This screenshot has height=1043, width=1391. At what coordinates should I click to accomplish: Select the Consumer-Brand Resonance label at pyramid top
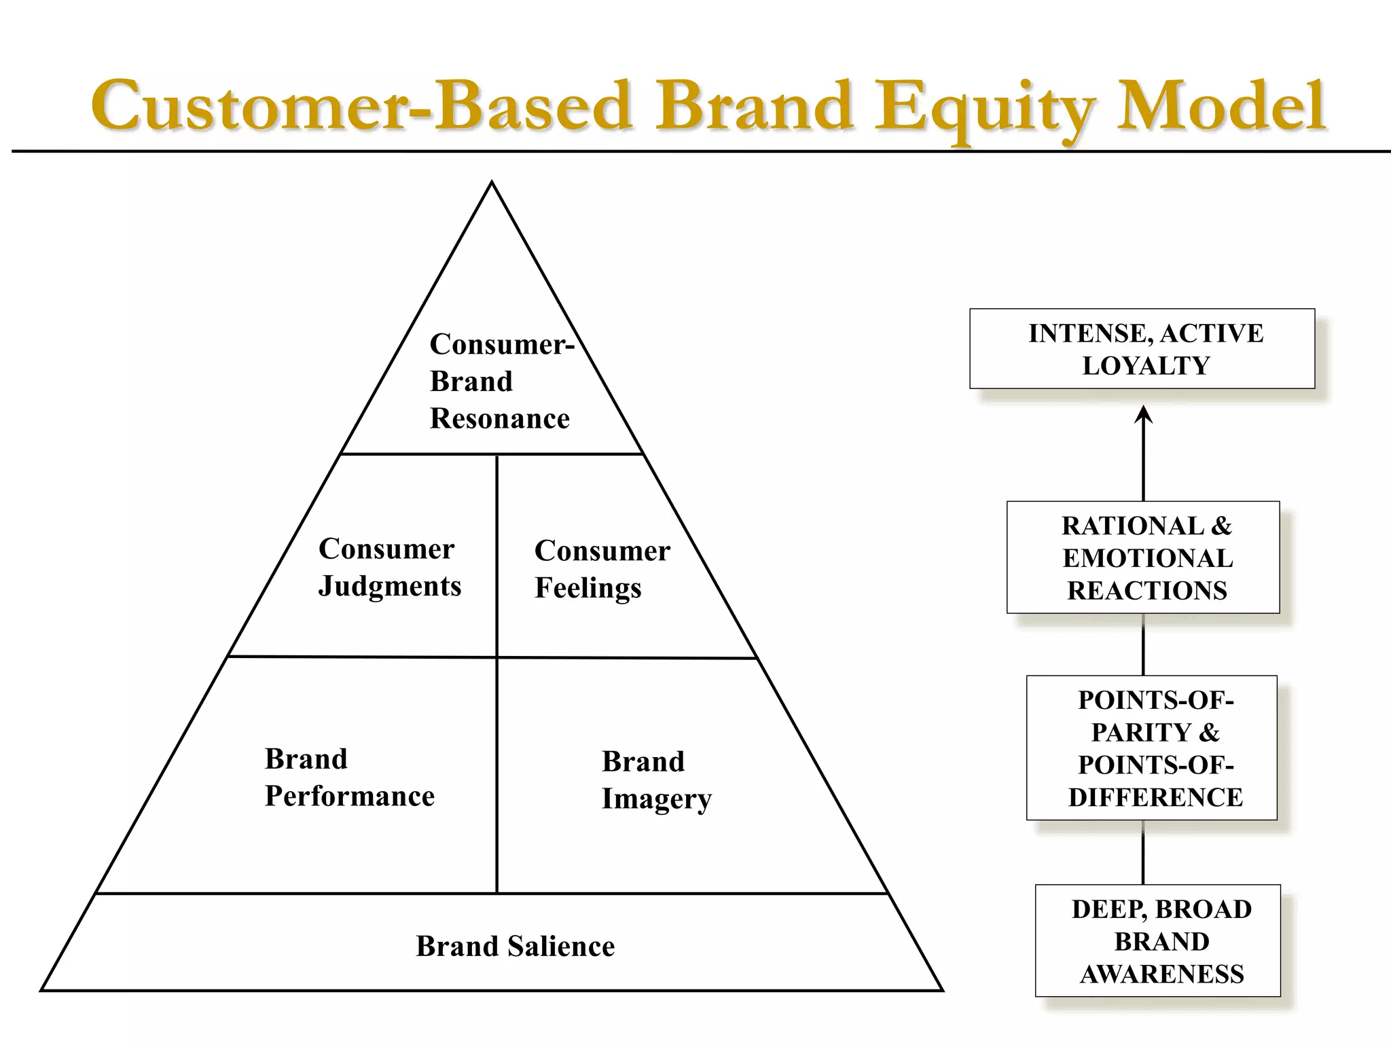click(501, 382)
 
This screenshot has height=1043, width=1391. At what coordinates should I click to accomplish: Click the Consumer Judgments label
click(389, 568)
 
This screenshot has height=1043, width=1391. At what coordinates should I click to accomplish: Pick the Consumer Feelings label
click(602, 569)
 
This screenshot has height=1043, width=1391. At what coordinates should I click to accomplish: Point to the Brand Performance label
click(349, 777)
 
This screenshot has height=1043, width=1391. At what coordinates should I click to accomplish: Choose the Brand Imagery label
click(656, 780)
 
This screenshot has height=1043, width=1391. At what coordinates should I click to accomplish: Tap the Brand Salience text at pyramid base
click(515, 946)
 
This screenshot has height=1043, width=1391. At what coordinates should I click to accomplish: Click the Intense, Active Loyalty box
click(1142, 349)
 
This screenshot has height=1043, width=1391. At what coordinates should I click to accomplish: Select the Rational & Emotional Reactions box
click(1143, 557)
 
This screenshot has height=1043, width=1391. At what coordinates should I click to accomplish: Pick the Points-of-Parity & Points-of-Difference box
click(1151, 748)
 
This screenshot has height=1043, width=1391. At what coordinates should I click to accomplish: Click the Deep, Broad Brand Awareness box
click(1157, 940)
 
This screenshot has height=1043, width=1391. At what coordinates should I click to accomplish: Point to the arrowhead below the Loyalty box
click(1144, 414)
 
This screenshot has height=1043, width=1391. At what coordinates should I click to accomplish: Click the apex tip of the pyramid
click(492, 183)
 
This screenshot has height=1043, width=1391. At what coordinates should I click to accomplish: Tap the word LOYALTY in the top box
click(1146, 366)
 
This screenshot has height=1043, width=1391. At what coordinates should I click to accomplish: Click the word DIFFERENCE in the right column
click(1155, 797)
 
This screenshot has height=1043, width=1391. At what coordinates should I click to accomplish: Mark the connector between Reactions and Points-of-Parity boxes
click(1144, 644)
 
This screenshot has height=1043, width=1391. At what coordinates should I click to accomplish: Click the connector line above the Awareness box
click(1144, 852)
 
